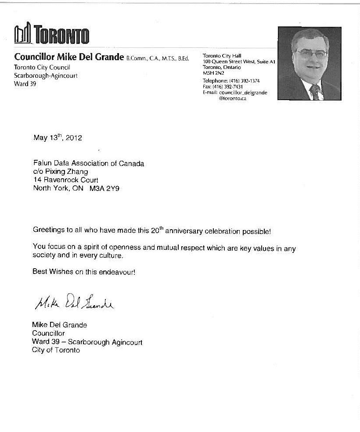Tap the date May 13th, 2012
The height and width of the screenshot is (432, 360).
point(58,137)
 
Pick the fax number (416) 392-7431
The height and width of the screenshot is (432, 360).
point(230,87)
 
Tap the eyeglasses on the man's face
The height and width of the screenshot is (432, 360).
point(311,54)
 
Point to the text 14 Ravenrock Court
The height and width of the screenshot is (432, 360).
point(66,180)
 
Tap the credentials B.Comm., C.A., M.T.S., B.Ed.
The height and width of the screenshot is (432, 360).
point(158,58)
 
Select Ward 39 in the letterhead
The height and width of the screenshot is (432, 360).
point(25,83)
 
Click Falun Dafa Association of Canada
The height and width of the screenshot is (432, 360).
point(89,164)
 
